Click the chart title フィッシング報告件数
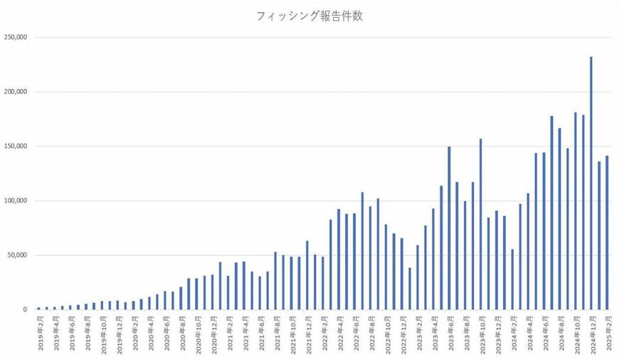tap(309, 16)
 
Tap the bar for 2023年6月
tap(449, 228)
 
